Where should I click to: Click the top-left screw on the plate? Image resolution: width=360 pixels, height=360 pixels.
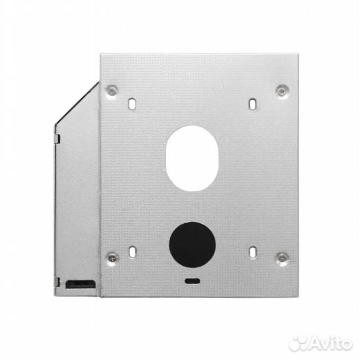coord(112,89)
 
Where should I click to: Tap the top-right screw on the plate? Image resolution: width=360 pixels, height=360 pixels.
coord(283,89)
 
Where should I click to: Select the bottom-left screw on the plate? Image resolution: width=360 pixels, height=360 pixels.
coord(112,256)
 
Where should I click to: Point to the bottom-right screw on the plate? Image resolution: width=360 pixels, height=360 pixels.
coord(283,256)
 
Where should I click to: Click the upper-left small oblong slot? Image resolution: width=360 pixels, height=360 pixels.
coord(132,104)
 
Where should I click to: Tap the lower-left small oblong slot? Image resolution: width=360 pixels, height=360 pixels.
coord(132,253)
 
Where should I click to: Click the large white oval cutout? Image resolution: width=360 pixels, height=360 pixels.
coord(192,157)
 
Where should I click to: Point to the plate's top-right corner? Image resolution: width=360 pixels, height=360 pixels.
coord(290,54)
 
